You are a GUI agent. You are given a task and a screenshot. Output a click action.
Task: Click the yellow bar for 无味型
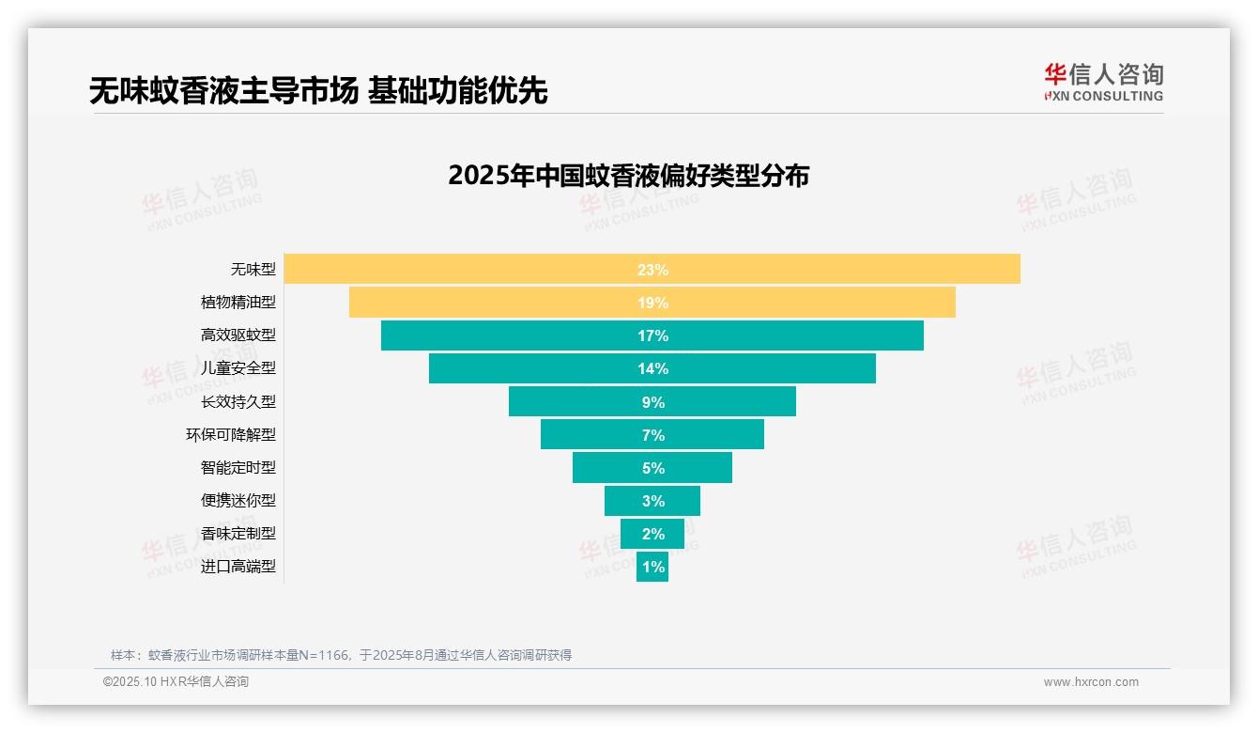coord(469,269)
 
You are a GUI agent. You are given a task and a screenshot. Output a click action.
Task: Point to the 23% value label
coord(652,270)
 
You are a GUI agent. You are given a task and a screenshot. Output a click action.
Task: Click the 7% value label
coord(652,435)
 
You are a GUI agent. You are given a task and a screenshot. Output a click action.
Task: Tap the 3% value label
coord(652,501)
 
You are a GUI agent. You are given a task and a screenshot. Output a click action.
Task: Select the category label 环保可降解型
coord(231,434)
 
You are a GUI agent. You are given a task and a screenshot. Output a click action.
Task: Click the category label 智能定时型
coord(238,467)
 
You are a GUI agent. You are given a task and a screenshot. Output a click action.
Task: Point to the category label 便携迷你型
coord(238,500)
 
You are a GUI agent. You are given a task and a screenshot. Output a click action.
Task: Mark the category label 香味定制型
coord(238,533)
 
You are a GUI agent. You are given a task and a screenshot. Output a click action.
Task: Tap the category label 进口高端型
coord(238,567)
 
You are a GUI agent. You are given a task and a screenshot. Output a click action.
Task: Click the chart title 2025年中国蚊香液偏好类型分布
coord(628,176)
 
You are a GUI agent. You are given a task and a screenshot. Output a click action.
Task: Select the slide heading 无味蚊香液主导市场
coord(223,90)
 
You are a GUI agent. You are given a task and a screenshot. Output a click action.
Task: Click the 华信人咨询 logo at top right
coord(1103,82)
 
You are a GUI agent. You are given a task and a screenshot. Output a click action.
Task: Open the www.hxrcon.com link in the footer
coord(1091,682)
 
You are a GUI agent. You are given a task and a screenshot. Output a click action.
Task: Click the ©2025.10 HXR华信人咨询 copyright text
coord(176,682)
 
